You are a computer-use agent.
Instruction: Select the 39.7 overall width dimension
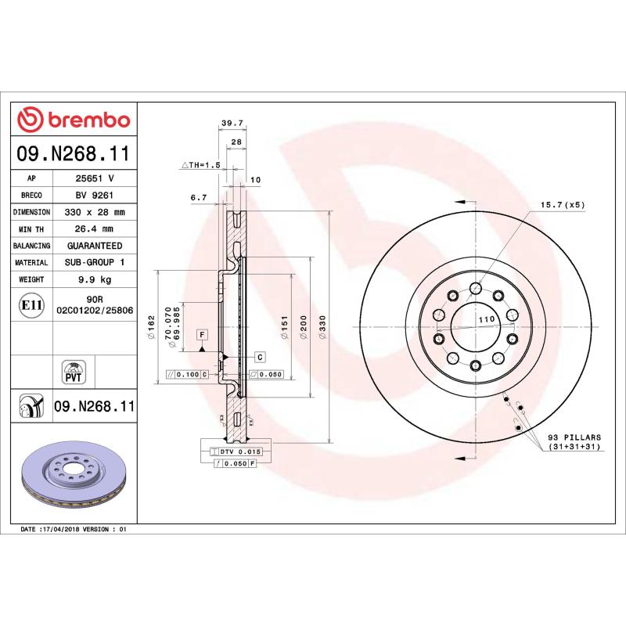232,123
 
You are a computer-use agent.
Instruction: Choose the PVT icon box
73,372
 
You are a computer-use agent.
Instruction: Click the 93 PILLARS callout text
574,439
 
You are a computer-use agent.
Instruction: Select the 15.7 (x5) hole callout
563,205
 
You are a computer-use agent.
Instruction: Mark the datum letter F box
202,335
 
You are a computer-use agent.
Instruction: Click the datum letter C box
260,357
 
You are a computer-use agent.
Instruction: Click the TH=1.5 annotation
202,166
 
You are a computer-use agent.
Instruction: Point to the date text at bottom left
73,530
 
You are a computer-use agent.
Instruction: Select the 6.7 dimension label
198,198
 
